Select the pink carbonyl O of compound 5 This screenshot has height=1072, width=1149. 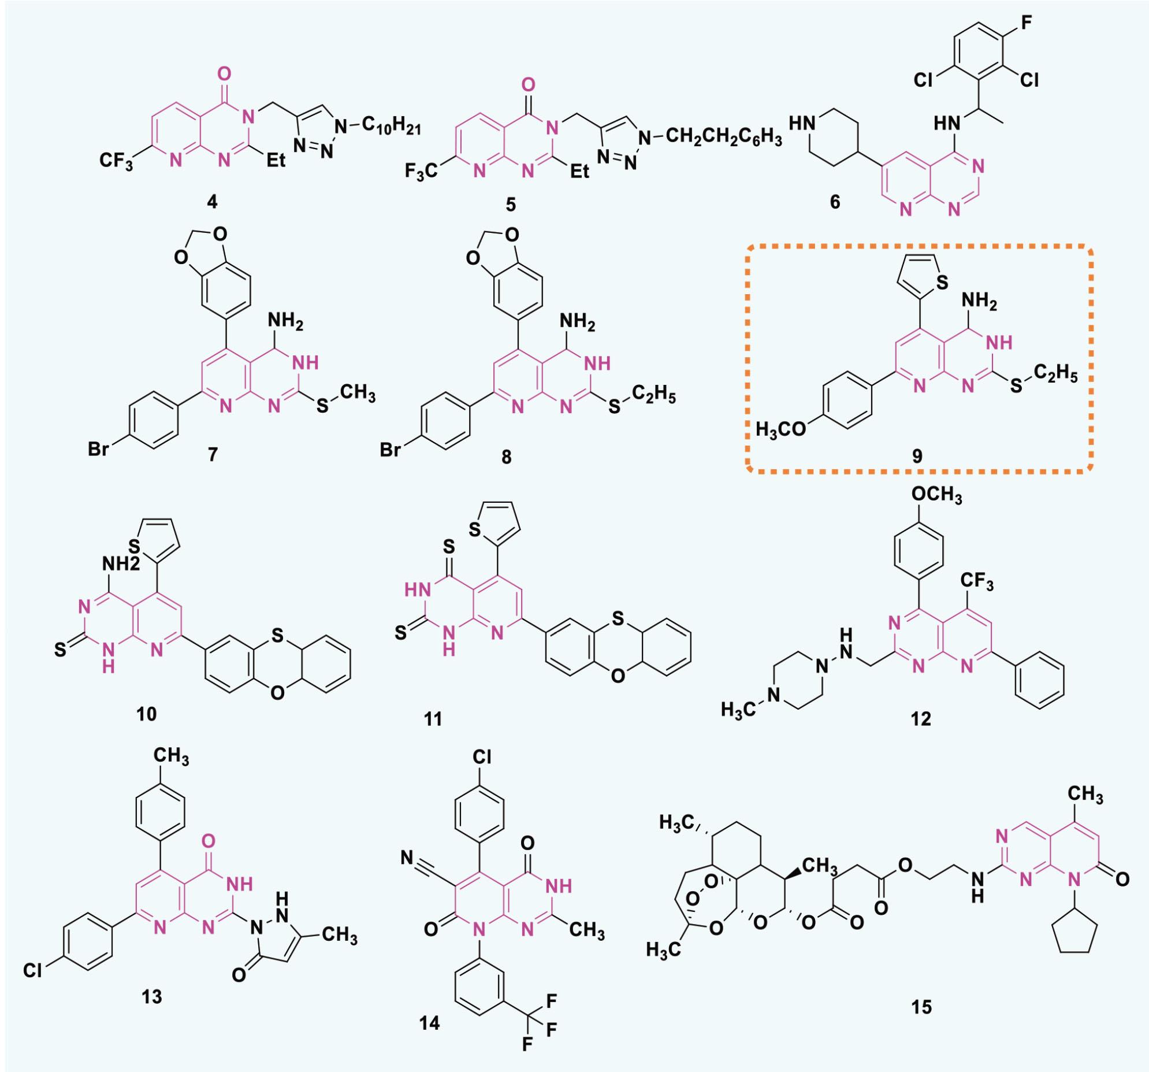coord(527,86)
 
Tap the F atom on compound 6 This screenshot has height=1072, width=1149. coord(1027,23)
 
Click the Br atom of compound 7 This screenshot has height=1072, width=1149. coord(98,449)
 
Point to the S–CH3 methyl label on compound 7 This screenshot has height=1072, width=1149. coord(357,393)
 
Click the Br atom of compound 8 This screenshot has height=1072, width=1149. coord(390,449)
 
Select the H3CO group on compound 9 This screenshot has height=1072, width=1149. coord(781,429)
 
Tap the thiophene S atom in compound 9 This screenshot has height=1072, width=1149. coord(942,283)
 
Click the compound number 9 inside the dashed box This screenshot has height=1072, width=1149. coord(917,456)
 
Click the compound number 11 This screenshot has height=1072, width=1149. coord(433,719)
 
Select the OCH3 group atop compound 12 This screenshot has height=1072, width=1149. coord(937,495)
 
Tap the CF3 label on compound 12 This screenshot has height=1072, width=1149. coord(977,581)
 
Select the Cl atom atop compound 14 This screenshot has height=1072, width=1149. coord(481,756)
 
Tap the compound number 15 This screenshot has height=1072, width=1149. coord(921,1007)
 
